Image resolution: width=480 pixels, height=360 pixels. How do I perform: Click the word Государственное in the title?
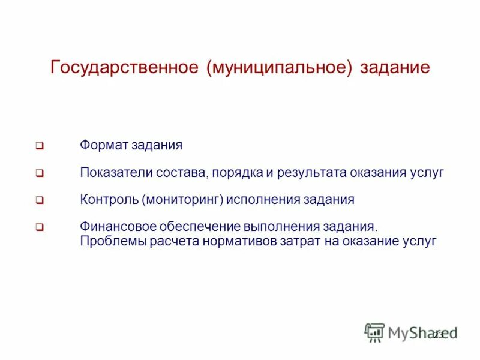124,67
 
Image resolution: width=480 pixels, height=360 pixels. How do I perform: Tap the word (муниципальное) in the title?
279,67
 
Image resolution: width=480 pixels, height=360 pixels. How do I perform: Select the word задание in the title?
395,67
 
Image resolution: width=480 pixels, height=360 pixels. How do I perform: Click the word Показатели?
116,173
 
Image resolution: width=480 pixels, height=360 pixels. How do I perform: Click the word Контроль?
109,199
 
